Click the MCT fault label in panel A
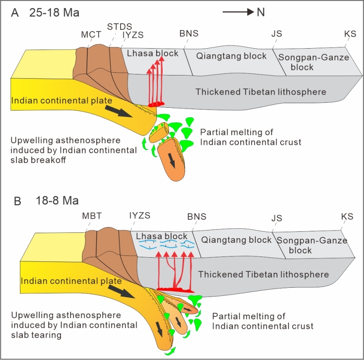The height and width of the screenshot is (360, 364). [91, 35]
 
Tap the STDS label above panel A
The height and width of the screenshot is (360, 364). [120, 27]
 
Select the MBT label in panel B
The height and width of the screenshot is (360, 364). [92, 216]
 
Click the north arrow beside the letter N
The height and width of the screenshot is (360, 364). [238, 12]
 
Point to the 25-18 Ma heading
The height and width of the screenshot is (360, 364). [54, 13]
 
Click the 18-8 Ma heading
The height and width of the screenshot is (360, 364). [57, 200]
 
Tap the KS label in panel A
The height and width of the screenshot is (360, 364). [350, 34]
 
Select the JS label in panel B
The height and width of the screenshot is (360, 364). [277, 218]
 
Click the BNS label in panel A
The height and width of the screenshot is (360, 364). [189, 33]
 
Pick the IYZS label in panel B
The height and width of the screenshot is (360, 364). [140, 215]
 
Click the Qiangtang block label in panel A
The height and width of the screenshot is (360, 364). [231, 56]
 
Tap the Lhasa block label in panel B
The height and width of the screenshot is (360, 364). [162, 236]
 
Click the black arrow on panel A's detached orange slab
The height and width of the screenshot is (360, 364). [172, 160]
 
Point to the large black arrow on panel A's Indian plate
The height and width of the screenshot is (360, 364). [119, 111]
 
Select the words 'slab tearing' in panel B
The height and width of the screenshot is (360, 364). [36, 335]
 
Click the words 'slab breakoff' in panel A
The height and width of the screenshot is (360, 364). [38, 160]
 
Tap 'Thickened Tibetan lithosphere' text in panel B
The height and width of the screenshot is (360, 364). [263, 275]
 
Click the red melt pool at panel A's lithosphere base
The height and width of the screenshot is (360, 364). [157, 104]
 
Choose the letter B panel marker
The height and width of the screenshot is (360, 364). [18, 201]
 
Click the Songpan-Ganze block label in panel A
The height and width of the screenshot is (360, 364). [313, 62]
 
